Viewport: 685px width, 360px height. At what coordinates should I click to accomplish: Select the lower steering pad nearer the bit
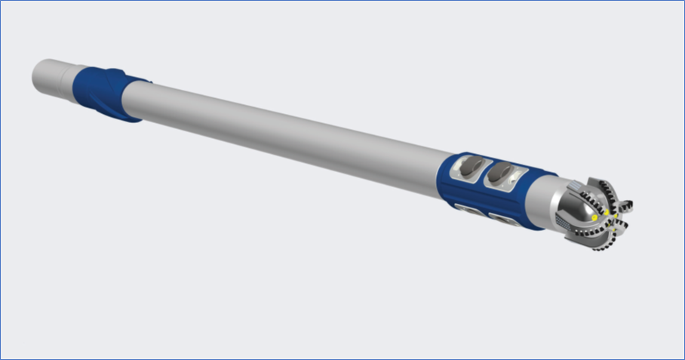(x=501, y=220)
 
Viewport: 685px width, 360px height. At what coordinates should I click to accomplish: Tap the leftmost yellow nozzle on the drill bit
(x=594, y=218)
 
